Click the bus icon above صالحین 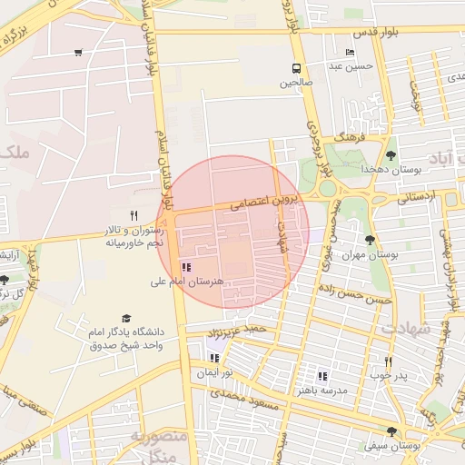pos(296,68)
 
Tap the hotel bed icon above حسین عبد pos(351,53)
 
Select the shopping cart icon pos(78,52)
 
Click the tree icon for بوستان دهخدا pos(391,155)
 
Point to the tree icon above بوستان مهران pos(370,240)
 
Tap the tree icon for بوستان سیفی pos(391,432)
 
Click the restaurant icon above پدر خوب pos(388,361)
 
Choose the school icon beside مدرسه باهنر pos(322,376)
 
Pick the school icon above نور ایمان pos(215,359)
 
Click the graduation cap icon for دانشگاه pos(125,319)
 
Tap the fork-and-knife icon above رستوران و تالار pos(134,215)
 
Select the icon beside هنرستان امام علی pos(186,267)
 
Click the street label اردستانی pos(417,196)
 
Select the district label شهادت pos(409,328)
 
